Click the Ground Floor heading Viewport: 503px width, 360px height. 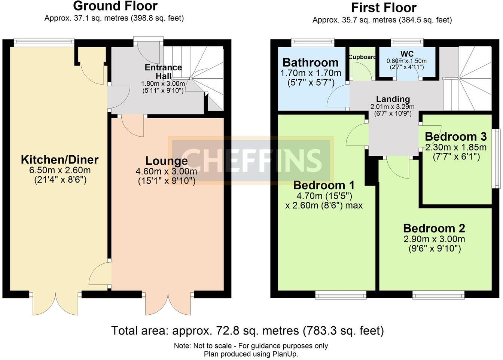tap(115, 6)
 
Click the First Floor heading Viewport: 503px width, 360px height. tap(384, 7)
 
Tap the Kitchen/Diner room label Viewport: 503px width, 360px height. tap(60, 160)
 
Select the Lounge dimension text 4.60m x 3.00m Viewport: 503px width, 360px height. tap(166, 172)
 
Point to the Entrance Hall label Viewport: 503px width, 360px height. tap(163, 71)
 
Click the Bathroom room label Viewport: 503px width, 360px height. tap(310, 62)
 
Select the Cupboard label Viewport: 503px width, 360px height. tap(362, 57)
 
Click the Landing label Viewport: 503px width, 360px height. tap(393, 99)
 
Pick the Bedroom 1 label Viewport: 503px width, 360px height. tap(324, 185)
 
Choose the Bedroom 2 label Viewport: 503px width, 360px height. tap(434, 228)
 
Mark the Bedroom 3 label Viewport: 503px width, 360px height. tap(455, 136)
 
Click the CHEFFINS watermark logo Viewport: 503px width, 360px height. tap(251, 160)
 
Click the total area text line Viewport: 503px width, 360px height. tap(247, 331)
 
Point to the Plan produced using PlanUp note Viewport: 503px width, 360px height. tap(251, 354)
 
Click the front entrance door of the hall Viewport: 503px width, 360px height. tap(149, 52)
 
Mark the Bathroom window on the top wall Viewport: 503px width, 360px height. tap(313, 42)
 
